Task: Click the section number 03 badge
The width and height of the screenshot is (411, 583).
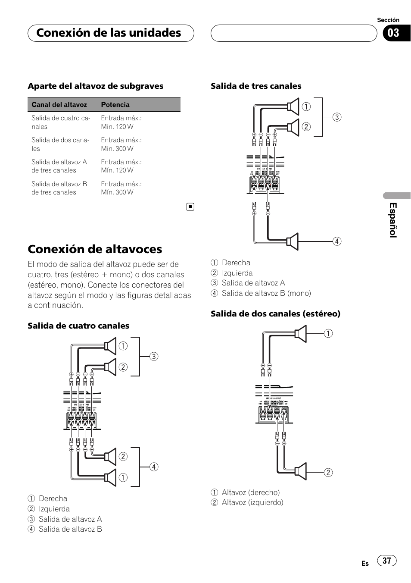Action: (x=393, y=33)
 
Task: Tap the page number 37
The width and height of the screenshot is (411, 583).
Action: (x=387, y=560)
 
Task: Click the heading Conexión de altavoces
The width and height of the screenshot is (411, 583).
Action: (x=95, y=249)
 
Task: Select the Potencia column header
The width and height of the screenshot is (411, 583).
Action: (x=115, y=105)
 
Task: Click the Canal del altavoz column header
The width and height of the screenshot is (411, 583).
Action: (x=59, y=105)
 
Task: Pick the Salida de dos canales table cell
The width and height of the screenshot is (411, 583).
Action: (x=60, y=144)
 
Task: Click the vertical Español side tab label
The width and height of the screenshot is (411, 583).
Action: (x=393, y=220)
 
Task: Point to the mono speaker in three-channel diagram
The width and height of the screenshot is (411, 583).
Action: (x=293, y=241)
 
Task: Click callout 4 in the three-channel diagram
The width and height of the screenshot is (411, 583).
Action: (x=337, y=241)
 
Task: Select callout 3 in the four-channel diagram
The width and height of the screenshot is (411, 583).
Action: (x=154, y=357)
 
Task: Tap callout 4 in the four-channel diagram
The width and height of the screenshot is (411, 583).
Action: (x=154, y=467)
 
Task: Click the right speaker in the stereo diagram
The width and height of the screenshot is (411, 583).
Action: (x=301, y=333)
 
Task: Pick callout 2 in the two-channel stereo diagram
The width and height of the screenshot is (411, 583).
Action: (x=328, y=473)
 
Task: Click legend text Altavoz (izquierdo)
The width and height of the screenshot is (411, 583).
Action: (x=252, y=502)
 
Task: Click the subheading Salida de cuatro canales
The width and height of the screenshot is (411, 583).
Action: (x=78, y=326)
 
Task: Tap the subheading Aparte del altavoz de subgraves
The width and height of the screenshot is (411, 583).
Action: (x=96, y=86)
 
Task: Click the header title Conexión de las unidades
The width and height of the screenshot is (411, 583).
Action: (x=109, y=33)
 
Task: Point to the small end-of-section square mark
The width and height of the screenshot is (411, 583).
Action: (x=190, y=207)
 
